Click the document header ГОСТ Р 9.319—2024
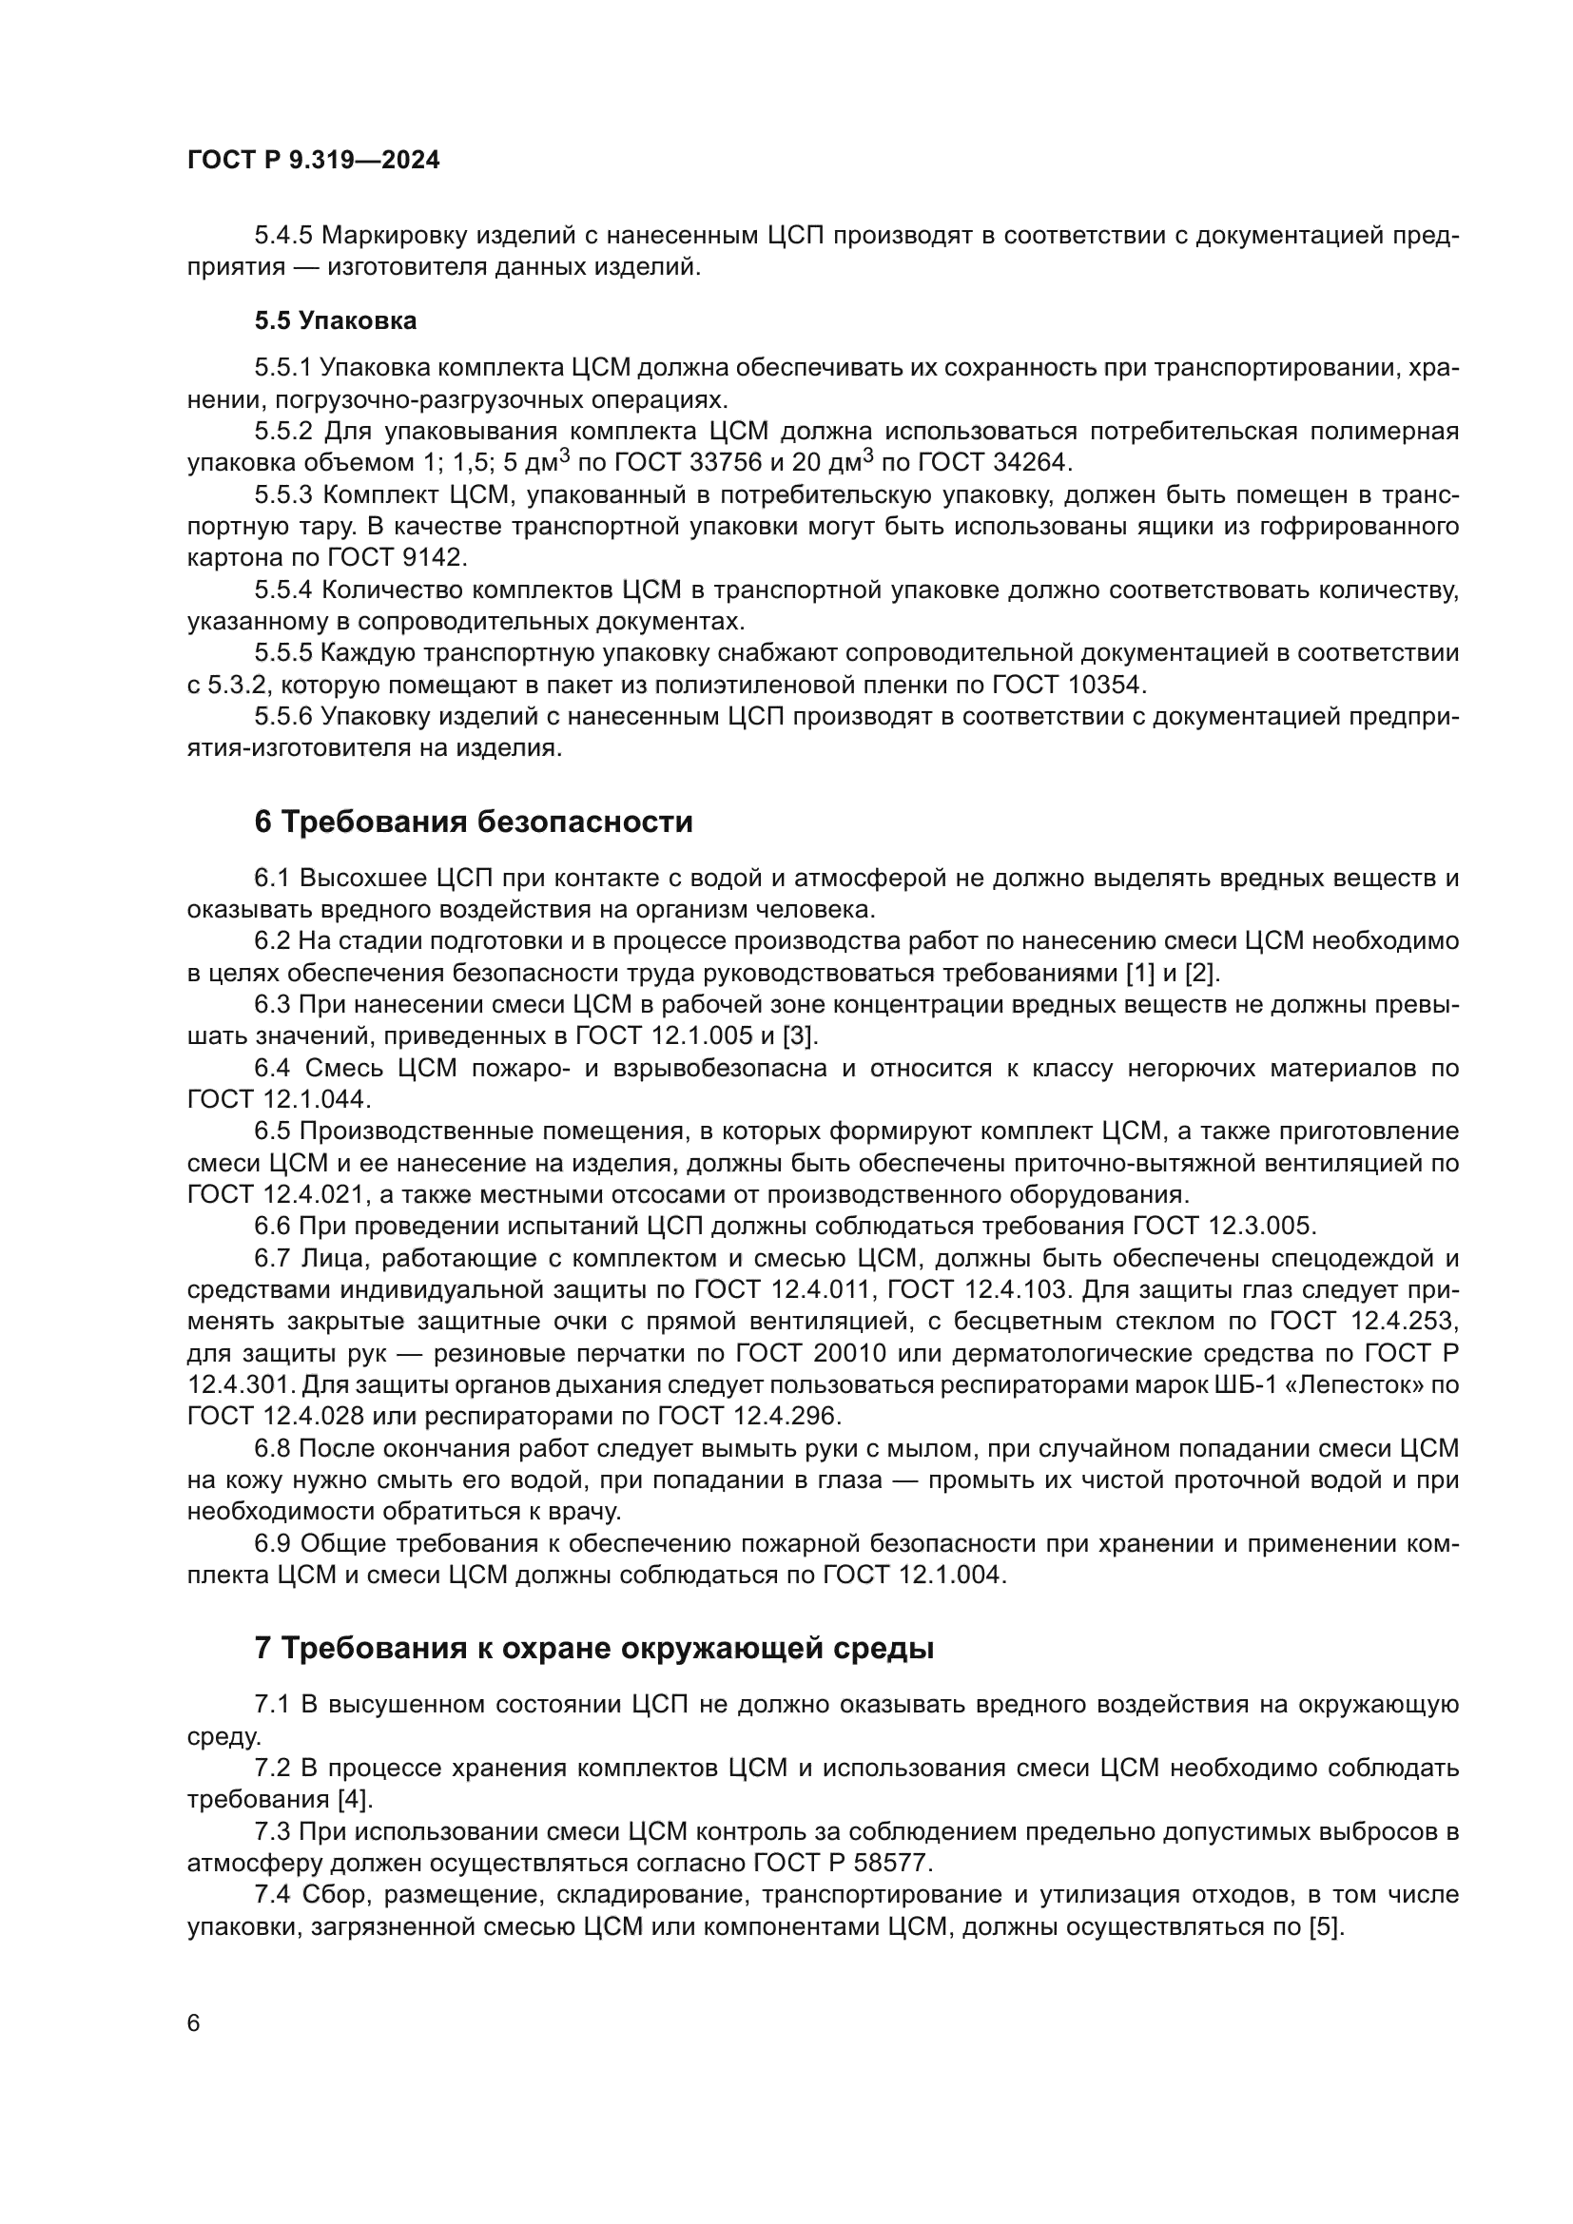313,160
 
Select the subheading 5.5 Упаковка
335,320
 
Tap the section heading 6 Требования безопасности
474,822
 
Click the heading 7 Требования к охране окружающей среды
593,1648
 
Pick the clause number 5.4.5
283,236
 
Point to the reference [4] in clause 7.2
355,1800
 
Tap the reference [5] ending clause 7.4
1325,1926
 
